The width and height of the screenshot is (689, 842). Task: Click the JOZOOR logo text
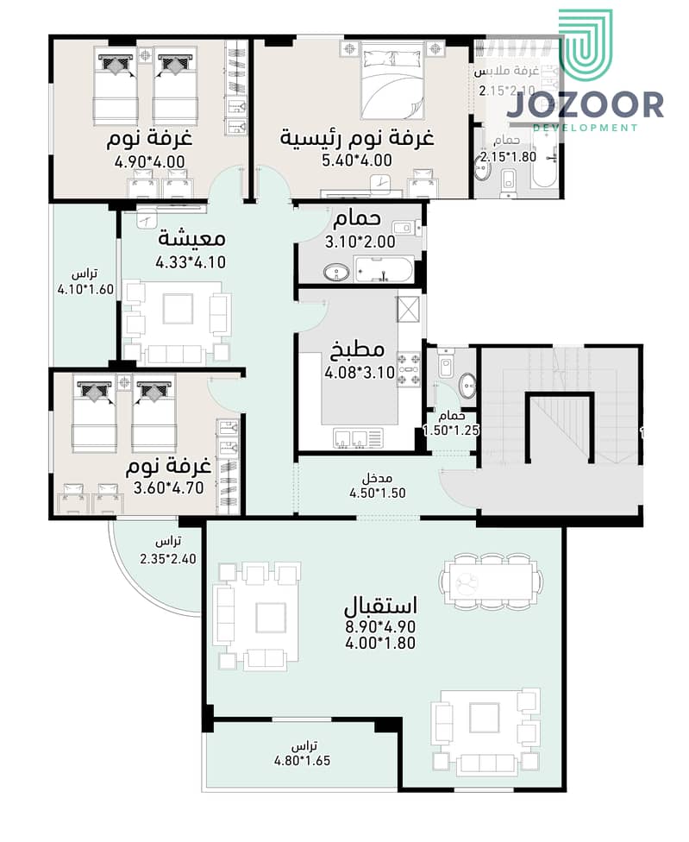point(585,104)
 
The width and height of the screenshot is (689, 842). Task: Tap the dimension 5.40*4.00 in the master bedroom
point(357,160)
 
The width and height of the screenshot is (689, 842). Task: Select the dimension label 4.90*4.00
point(149,160)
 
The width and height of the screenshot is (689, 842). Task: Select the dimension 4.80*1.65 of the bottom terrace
point(302,761)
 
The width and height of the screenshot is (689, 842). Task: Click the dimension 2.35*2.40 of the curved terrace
point(168,558)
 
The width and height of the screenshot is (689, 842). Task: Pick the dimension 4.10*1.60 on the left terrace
point(85,290)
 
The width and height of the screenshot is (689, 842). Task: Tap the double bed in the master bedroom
point(393,82)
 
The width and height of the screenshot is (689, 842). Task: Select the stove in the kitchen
point(408,368)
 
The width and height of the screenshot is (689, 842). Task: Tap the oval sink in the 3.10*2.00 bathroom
point(334,273)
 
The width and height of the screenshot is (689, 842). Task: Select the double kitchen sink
point(352,438)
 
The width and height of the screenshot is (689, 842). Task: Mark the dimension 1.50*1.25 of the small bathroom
point(450,430)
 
